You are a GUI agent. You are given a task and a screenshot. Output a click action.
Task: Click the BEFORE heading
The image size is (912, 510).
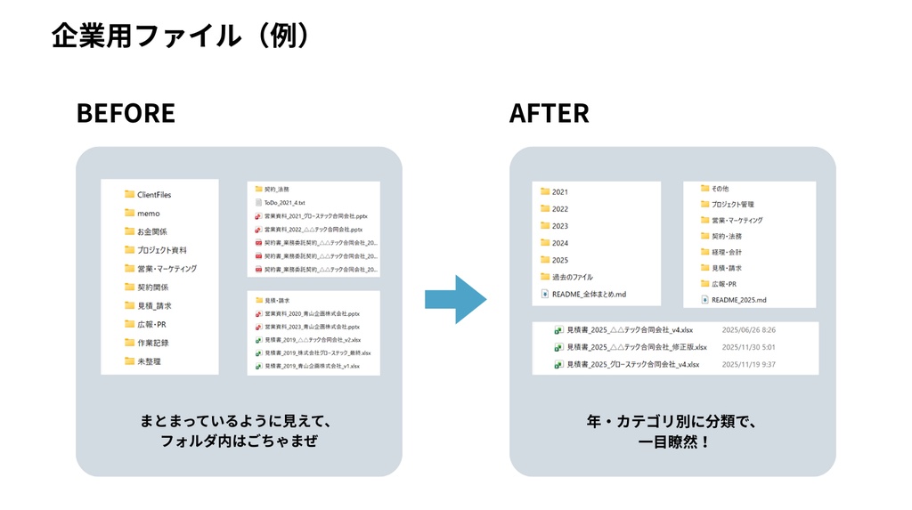(x=126, y=113)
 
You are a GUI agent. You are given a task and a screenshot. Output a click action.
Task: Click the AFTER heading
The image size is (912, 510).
(x=549, y=113)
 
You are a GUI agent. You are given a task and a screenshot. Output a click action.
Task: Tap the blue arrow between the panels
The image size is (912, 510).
(x=455, y=299)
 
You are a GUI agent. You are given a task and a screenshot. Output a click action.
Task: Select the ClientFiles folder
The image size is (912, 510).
(x=153, y=194)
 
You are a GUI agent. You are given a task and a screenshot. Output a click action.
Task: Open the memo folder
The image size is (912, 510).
(x=148, y=213)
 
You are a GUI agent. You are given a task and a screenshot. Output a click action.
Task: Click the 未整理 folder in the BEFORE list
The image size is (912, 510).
(x=148, y=361)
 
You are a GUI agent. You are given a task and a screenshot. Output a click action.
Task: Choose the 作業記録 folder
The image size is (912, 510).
(x=152, y=343)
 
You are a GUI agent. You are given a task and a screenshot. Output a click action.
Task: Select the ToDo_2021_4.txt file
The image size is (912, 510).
(x=283, y=203)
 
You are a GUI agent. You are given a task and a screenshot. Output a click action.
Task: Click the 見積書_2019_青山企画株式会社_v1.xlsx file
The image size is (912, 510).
(x=311, y=366)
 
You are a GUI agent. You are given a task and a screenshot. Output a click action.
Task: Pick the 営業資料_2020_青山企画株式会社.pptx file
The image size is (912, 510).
(x=311, y=314)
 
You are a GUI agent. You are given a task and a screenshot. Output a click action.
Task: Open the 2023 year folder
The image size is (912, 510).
(x=559, y=226)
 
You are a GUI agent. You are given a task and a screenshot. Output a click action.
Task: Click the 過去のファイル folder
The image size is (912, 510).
(x=572, y=277)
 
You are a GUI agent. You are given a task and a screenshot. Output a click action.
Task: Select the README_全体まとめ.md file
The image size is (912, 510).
(x=588, y=294)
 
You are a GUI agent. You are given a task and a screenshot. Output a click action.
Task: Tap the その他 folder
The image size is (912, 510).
(x=719, y=189)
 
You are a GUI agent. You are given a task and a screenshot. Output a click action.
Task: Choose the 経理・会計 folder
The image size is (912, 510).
(x=726, y=252)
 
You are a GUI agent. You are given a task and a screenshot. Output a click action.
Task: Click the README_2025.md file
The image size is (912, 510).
(x=737, y=300)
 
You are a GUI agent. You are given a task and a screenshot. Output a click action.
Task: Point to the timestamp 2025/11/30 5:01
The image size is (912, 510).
(x=748, y=347)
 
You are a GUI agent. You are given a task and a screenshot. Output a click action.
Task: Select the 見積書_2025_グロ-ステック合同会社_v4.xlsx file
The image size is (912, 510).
(x=632, y=364)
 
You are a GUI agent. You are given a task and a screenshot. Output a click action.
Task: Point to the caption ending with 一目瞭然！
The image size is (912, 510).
(x=672, y=441)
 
